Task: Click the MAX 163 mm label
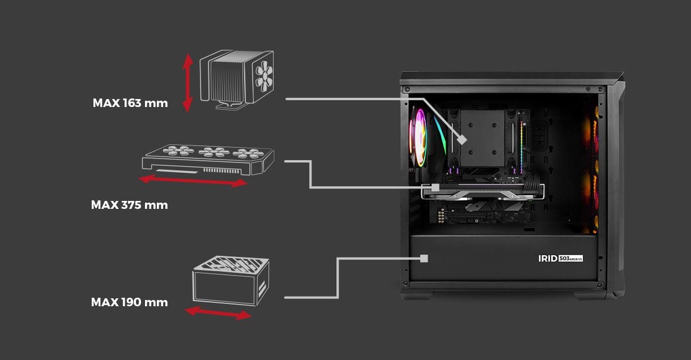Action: (x=130, y=103)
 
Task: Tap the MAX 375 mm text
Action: (x=129, y=205)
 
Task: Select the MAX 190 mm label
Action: (x=129, y=302)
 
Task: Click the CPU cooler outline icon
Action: (x=237, y=79)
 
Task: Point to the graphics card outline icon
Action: (x=208, y=160)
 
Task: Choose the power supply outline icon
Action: (x=231, y=281)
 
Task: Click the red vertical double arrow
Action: (x=187, y=83)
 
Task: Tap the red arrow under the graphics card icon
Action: (x=193, y=181)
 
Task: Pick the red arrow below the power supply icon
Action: (x=219, y=313)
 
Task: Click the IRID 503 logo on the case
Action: (x=561, y=258)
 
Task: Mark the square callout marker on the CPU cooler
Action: (x=462, y=140)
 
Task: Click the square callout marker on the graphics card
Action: (x=435, y=187)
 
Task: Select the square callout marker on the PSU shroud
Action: (x=424, y=258)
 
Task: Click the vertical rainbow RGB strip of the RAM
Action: (x=522, y=145)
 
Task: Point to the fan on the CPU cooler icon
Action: (x=264, y=76)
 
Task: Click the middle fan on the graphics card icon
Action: (x=214, y=152)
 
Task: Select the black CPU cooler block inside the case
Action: (x=483, y=138)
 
